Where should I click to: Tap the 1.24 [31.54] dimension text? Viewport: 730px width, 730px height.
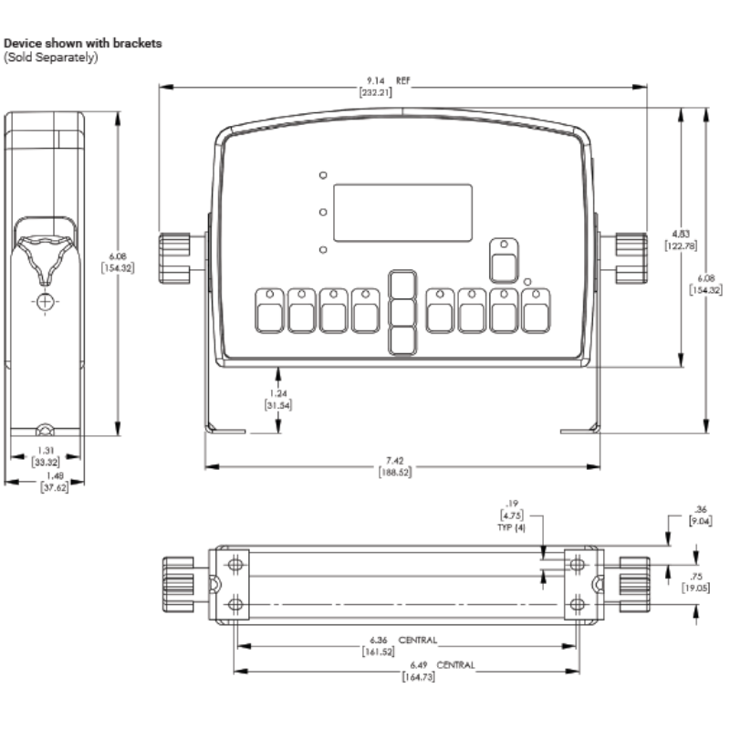point(278,400)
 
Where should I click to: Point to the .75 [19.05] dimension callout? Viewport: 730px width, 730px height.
point(699,582)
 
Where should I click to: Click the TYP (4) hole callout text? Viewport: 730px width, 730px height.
point(511,529)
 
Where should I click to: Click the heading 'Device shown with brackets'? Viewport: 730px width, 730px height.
point(84,43)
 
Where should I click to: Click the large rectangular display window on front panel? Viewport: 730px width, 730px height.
point(402,213)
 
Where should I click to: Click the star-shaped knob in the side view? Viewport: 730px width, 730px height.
point(46,256)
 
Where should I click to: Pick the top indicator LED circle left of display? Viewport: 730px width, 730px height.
point(323,175)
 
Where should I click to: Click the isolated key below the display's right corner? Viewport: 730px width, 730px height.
point(501,260)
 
